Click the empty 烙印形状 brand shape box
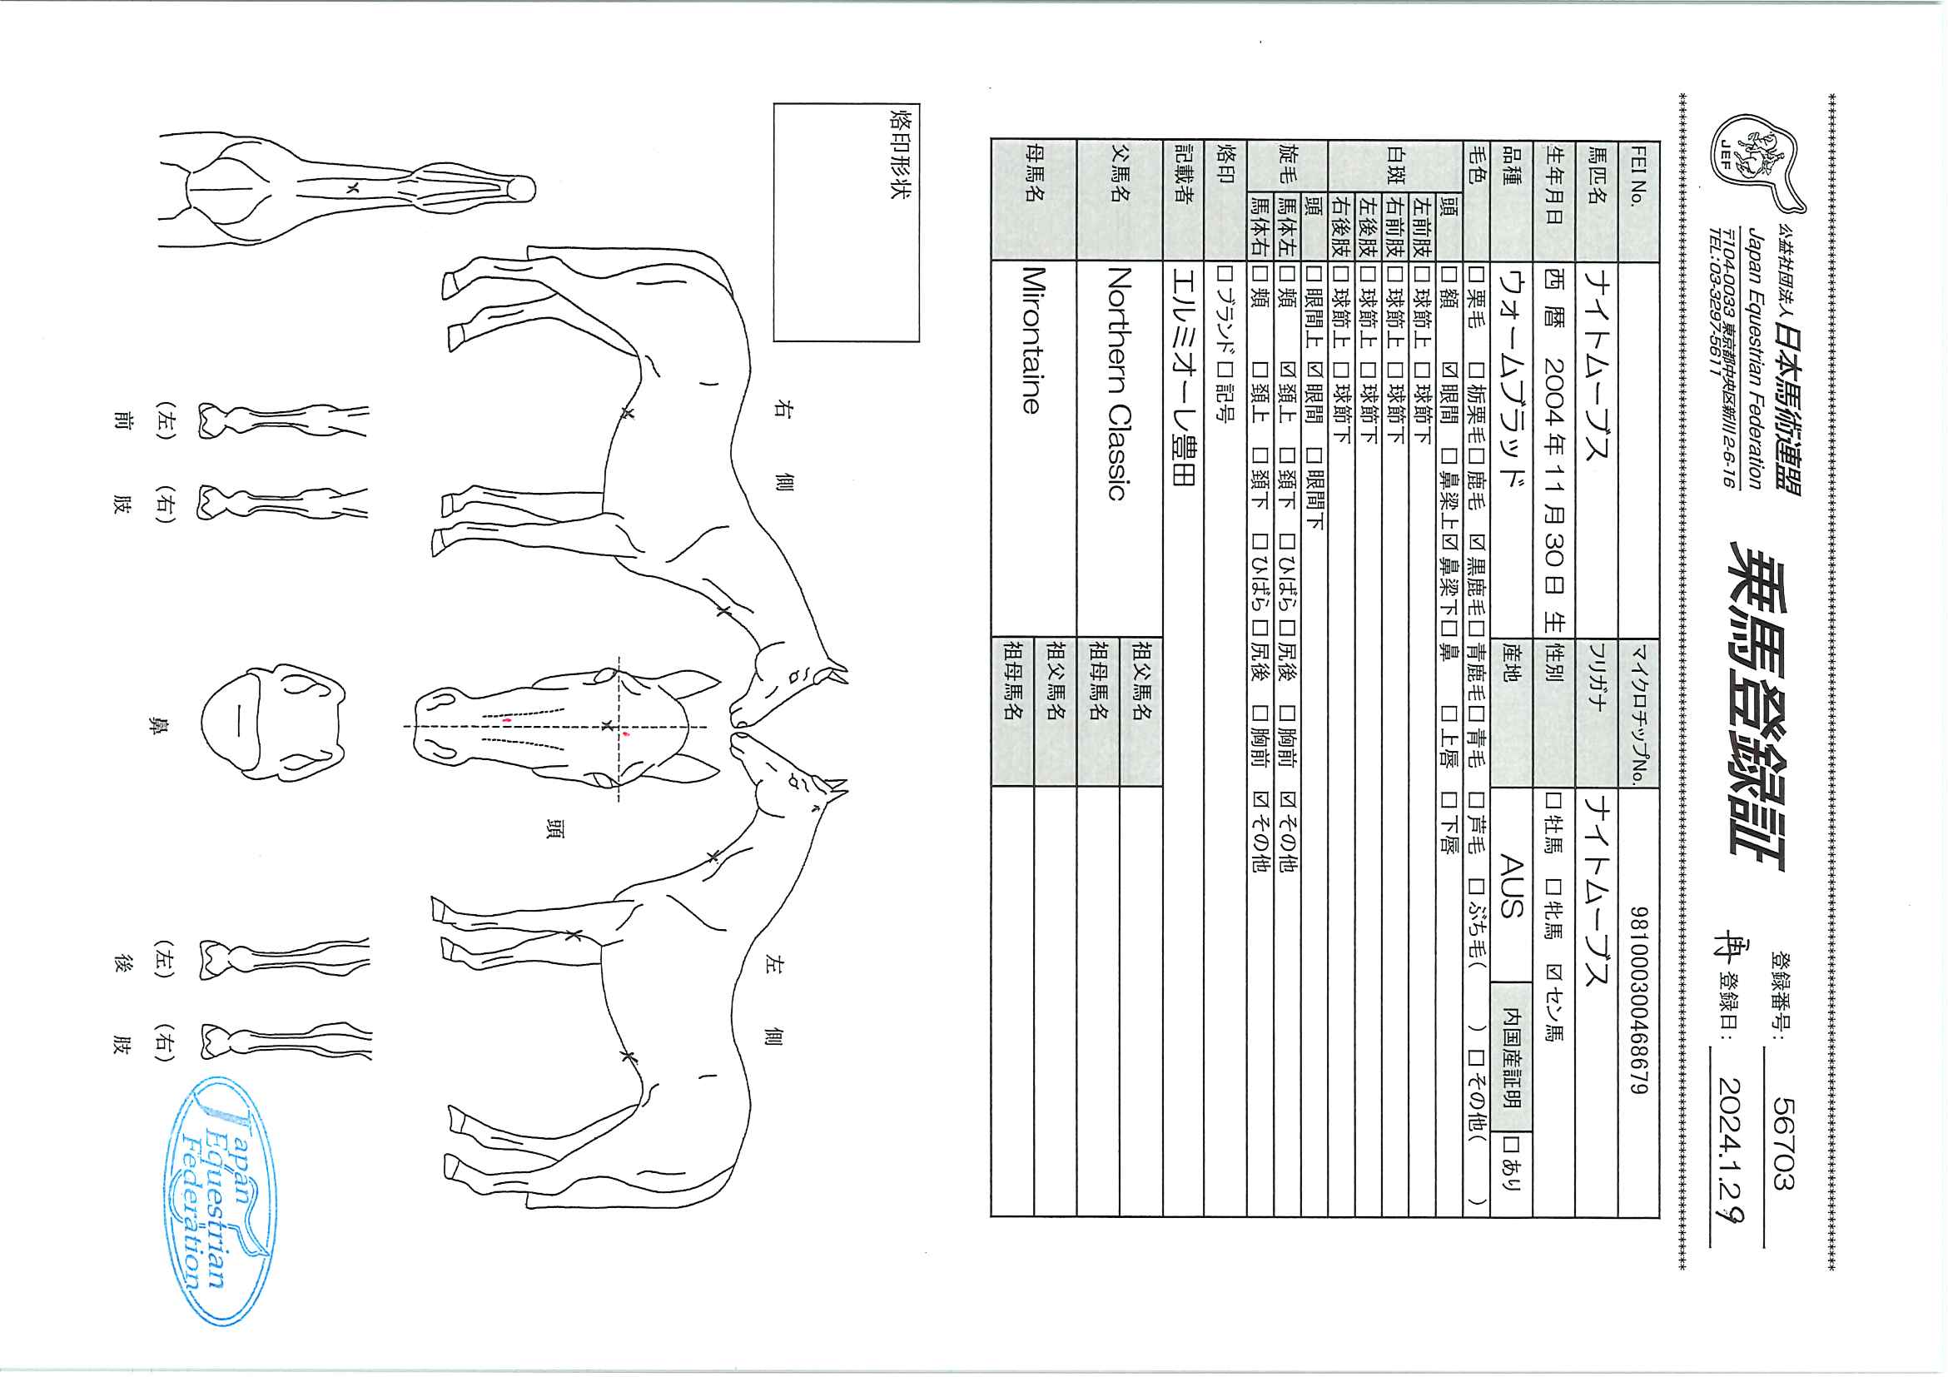pyautogui.click(x=847, y=222)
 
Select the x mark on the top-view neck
pyautogui.click(x=354, y=188)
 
